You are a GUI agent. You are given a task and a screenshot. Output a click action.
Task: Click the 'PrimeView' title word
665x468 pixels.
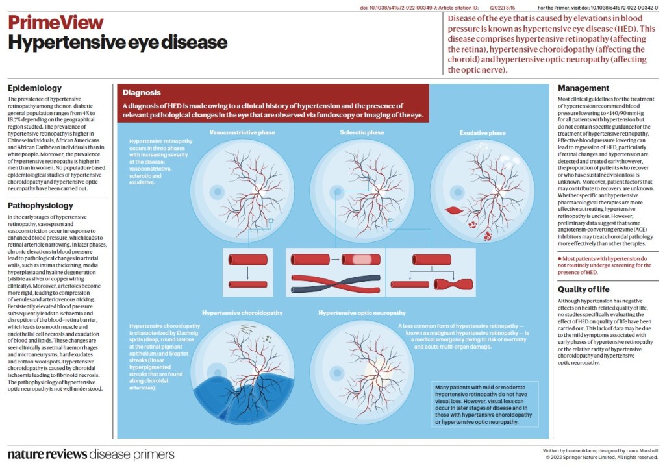coord(55,22)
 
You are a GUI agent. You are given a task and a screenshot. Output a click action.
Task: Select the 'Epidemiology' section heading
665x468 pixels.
coord(34,88)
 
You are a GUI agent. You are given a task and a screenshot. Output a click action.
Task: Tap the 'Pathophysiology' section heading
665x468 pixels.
coord(40,206)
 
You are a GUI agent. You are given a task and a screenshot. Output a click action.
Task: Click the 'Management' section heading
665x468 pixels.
coord(584,88)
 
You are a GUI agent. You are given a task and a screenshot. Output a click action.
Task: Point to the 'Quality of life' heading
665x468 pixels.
coord(587,289)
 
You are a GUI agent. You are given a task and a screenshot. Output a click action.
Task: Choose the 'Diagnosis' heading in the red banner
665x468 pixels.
coord(142,93)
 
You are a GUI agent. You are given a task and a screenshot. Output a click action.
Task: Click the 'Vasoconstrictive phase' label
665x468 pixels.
coord(242,132)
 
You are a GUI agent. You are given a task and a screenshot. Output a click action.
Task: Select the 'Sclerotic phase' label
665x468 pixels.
coord(362,132)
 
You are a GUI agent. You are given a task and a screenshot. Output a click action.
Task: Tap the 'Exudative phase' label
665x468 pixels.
coord(483,133)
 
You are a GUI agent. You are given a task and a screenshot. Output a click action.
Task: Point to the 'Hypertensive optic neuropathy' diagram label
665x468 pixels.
coord(362,312)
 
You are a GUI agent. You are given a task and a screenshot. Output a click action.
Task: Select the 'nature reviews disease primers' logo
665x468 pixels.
coord(91,453)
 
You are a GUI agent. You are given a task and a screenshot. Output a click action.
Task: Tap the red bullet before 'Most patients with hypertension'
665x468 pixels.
coord(560,258)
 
